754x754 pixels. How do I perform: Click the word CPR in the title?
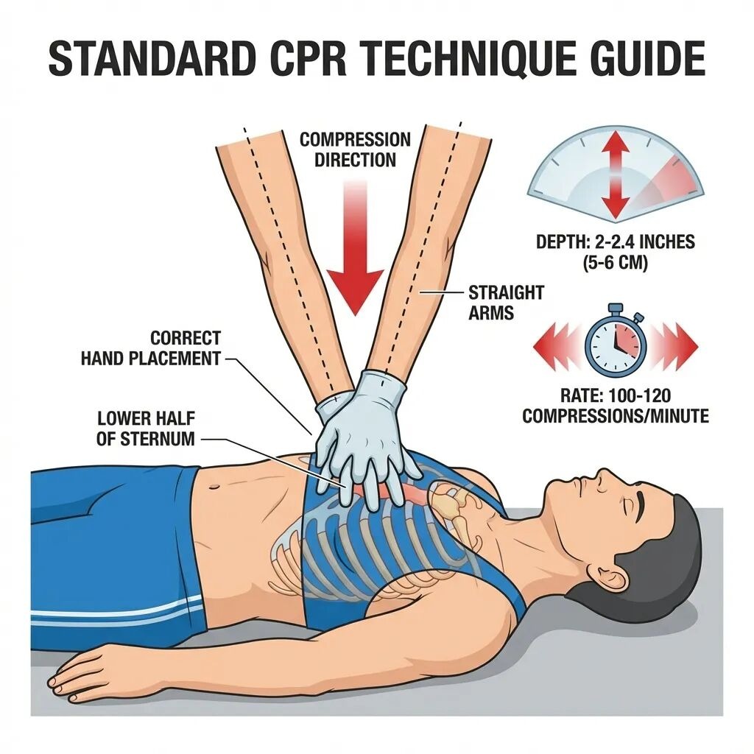tap(309, 58)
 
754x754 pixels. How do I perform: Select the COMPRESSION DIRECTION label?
tap(355, 149)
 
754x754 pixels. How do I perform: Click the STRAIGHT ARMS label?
tap(506, 303)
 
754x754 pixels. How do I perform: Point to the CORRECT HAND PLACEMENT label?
tap(150, 348)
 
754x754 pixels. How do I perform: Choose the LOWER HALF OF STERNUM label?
tap(146, 429)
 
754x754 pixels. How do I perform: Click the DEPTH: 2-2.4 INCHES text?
tap(616, 242)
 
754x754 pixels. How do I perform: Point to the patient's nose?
tap(604, 477)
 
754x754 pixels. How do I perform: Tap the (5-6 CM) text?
tap(616, 263)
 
